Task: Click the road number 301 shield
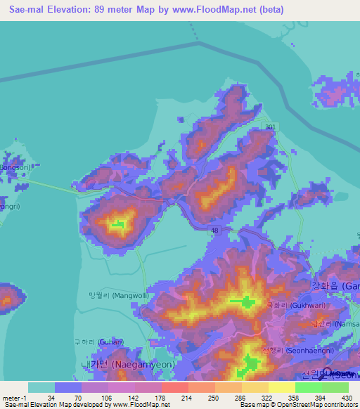coord(271,126)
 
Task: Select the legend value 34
coord(51,398)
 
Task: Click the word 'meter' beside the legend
coord(11,398)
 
